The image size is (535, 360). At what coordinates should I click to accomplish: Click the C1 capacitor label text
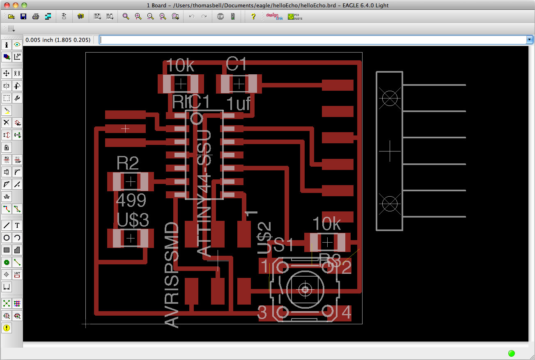point(236,65)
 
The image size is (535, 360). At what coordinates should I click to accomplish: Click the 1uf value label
point(238,104)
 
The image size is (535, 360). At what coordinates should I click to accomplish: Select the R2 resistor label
point(128,163)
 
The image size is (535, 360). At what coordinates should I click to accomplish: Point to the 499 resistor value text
point(131,201)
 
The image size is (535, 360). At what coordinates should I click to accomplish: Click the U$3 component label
point(133,220)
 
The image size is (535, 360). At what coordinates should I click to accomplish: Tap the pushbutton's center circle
point(305,290)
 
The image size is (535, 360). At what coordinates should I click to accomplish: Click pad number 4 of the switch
point(346,313)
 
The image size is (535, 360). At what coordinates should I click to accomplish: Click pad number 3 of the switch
point(262,313)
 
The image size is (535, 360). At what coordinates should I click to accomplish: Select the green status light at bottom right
point(511,353)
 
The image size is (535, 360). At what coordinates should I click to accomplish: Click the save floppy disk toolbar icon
point(23,16)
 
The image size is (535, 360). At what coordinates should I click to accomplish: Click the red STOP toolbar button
point(220,16)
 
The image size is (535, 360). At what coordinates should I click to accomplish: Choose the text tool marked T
point(17,225)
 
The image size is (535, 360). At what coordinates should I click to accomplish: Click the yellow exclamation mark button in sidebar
point(7,328)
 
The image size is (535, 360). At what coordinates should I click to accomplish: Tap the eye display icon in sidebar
point(17,45)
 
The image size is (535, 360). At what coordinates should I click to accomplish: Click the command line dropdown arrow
point(530,40)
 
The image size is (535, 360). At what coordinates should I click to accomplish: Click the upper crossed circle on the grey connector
point(390,98)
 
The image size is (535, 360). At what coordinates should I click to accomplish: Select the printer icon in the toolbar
point(36,16)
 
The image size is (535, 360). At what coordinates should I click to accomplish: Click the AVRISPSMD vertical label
point(172,275)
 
